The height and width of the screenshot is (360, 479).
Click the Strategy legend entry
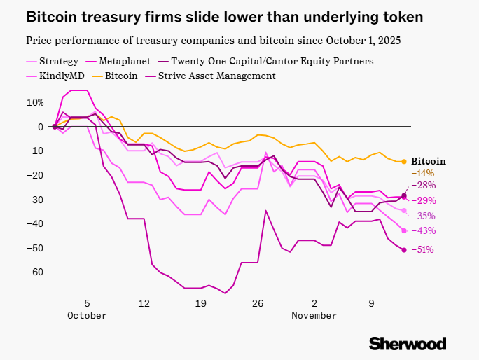click(x=57, y=62)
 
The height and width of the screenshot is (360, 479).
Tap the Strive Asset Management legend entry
click(x=216, y=76)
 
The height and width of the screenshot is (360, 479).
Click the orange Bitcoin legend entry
click(x=121, y=76)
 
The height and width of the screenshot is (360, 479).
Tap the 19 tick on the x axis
click(x=200, y=303)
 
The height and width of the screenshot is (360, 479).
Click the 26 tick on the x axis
click(x=258, y=303)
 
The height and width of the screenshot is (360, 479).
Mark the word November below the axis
click(x=314, y=316)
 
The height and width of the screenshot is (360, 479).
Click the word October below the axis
click(x=88, y=316)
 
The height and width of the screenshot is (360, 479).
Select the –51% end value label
click(x=424, y=250)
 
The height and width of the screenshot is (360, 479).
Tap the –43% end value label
click(x=424, y=231)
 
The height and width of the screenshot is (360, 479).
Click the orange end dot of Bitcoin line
click(x=404, y=162)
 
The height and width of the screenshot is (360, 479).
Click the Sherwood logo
click(x=408, y=343)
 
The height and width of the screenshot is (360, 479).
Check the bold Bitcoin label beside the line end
click(x=428, y=161)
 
